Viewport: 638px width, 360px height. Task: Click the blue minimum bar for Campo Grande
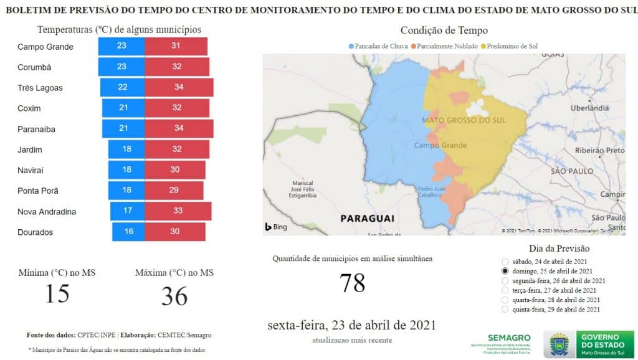[121, 46]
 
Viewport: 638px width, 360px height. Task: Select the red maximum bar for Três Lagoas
[179, 87]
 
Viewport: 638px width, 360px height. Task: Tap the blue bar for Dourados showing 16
[128, 232]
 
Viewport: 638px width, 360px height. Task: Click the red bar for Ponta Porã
[174, 191]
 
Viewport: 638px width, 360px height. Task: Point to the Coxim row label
[29, 108]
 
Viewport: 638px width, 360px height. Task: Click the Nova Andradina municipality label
[47, 212]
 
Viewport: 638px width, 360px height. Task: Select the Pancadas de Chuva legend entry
[381, 46]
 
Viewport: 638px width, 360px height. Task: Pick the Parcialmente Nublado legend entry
[445, 46]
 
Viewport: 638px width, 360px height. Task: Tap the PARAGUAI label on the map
[367, 219]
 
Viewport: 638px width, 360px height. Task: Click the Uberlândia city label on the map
[589, 108]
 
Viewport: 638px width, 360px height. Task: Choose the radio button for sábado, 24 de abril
[504, 262]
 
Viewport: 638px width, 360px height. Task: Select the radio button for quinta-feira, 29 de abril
[504, 309]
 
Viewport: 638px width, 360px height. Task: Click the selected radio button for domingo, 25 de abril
[504, 272]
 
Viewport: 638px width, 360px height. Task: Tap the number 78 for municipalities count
[352, 283]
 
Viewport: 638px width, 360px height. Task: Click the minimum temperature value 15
[57, 293]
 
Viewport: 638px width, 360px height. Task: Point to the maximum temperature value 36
[174, 296]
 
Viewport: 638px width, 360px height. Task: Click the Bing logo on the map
[276, 227]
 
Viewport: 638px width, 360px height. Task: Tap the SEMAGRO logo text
[509, 337]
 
